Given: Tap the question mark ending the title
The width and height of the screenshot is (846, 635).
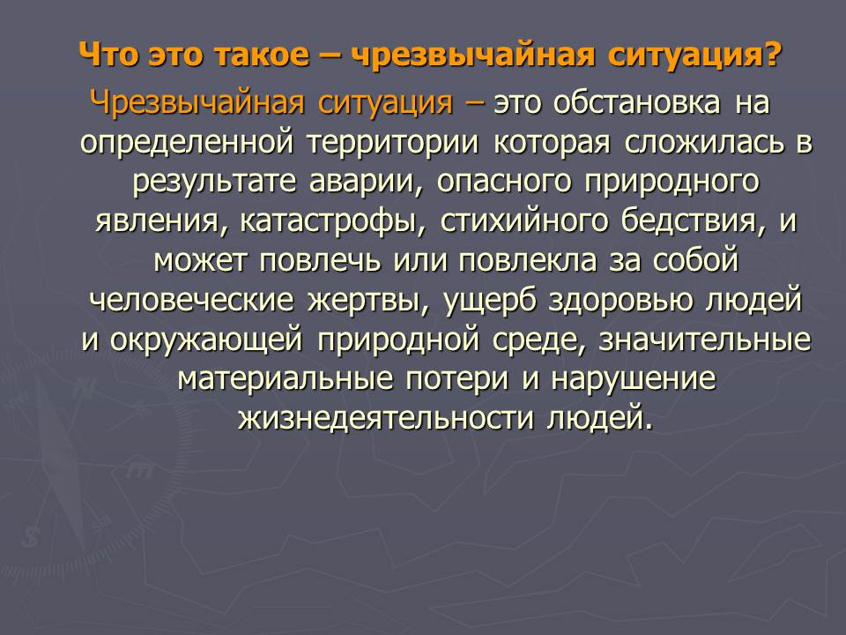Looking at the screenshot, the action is point(773,54).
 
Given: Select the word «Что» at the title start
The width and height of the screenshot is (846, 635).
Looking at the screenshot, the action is point(108,55).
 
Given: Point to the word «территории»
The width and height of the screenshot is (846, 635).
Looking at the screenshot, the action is point(393,144).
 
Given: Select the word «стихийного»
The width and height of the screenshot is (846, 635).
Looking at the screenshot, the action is point(523,221).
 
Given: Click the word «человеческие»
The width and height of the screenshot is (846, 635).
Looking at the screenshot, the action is point(191,300).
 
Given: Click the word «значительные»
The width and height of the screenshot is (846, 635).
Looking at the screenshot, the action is point(705,340).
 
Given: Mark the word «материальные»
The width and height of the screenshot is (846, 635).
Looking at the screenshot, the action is point(285,379).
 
